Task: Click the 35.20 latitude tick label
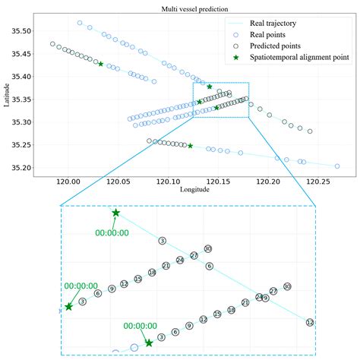[21, 167]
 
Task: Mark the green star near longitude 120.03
[101, 64]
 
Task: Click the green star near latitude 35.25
[190, 146]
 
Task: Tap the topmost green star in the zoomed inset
[115, 213]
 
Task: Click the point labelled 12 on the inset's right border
[309, 322]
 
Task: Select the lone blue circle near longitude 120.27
[336, 166]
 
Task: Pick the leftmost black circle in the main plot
[52, 44]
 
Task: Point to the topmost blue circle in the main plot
[80, 23]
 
